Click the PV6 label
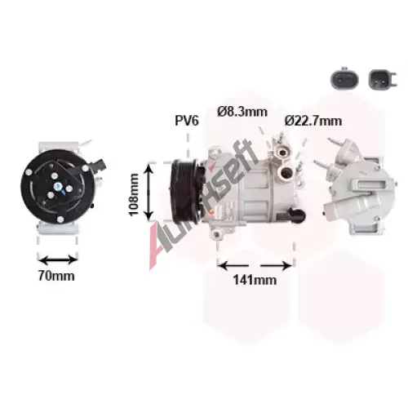pyautogui.click(x=187, y=121)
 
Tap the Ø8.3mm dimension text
pyautogui.click(x=242, y=112)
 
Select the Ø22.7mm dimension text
pyautogui.click(x=313, y=121)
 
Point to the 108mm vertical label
pyautogui.click(x=134, y=194)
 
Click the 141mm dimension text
pyautogui.click(x=255, y=280)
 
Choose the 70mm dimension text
pyautogui.click(x=56, y=276)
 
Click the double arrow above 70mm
pyautogui.click(x=58, y=260)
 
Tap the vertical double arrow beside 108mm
pyautogui.click(x=149, y=192)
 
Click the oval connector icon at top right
pyautogui.click(x=344, y=79)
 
